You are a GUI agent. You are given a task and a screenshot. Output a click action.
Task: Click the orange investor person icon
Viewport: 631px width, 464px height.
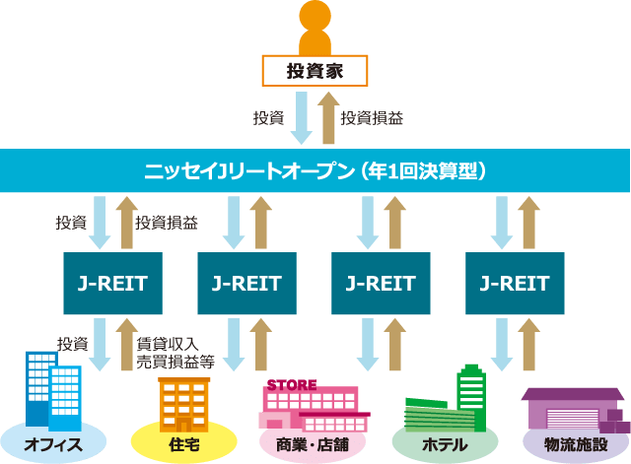click(315, 28)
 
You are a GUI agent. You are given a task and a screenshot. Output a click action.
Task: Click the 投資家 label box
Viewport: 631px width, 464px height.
click(315, 71)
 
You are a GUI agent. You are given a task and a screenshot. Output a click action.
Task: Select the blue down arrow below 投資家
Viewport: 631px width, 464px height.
click(302, 117)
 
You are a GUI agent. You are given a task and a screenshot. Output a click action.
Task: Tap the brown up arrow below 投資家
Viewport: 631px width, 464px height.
click(328, 117)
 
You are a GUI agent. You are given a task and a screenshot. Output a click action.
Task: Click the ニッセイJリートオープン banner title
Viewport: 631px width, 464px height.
click(315, 170)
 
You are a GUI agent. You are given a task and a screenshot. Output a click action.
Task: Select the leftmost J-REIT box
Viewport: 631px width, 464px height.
click(113, 283)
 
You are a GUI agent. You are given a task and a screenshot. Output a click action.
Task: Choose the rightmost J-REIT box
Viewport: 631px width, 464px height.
click(515, 283)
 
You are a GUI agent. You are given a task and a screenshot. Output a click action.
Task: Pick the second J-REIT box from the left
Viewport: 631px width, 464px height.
click(247, 283)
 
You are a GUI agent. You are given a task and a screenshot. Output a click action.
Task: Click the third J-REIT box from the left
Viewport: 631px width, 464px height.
click(381, 283)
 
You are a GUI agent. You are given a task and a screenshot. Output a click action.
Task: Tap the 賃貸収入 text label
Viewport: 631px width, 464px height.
click(168, 344)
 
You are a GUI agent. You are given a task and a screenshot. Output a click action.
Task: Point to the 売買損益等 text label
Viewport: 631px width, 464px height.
click(175, 362)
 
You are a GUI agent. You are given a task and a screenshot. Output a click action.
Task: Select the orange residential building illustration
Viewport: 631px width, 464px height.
click(184, 405)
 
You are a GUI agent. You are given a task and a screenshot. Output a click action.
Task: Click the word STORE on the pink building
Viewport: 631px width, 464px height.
click(292, 385)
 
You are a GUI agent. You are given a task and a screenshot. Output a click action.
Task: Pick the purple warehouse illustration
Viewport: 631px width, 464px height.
click(576, 410)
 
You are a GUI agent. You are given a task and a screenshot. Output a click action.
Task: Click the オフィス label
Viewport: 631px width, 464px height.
click(53, 444)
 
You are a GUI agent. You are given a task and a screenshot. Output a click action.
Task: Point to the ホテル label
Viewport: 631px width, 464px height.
click(445, 444)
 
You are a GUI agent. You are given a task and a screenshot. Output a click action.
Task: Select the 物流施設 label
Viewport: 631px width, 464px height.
click(576, 444)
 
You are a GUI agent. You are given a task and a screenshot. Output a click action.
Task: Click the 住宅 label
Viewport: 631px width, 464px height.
click(184, 444)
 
